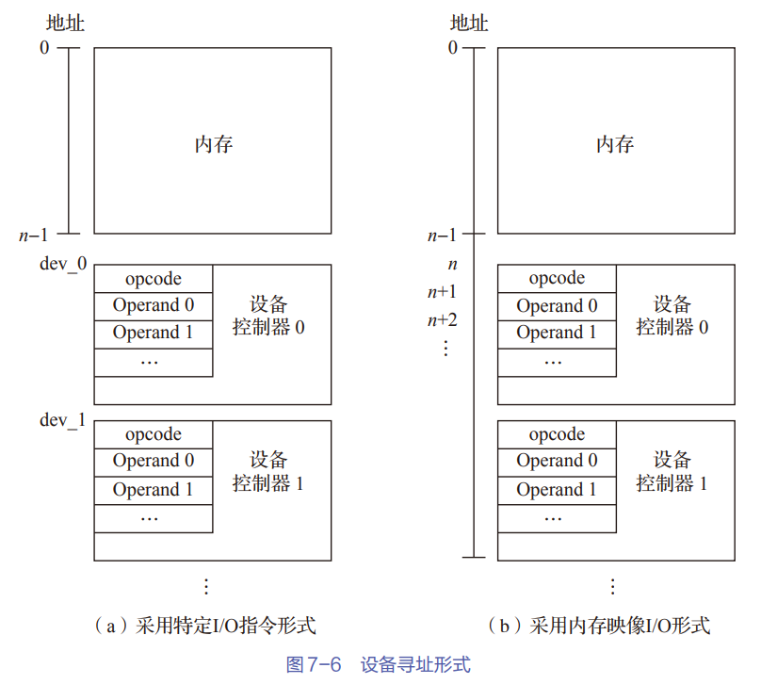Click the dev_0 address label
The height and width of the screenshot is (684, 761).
62,264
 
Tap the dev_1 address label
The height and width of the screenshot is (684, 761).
62,419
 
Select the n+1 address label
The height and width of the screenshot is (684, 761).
442,291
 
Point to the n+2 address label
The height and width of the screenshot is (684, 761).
442,319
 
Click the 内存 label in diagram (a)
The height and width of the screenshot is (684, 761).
214,144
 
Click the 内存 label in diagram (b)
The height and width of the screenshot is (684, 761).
615,144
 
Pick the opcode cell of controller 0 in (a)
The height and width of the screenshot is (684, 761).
154,279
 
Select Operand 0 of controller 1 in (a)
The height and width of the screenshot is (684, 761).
154,461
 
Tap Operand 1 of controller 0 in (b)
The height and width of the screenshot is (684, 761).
557,333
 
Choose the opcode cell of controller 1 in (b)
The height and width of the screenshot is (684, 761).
557,434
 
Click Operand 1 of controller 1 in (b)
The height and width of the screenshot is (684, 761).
557,489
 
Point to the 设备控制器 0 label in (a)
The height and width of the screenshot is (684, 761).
269,317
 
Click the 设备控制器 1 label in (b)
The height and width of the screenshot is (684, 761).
672,472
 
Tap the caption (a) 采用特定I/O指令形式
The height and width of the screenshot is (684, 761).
206,626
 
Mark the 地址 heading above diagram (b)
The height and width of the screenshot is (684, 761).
469,23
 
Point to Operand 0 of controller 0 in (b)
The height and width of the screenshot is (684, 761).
557,305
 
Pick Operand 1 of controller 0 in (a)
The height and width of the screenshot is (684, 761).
154,333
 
